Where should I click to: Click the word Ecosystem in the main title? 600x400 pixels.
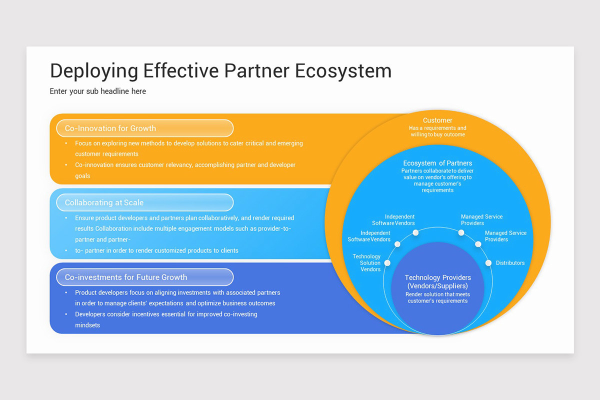(x=343, y=71)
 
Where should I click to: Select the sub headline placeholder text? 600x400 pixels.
(x=98, y=91)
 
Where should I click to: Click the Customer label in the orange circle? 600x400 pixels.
(x=437, y=120)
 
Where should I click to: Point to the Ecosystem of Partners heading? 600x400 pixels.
(x=437, y=163)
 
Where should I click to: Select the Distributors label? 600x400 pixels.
(x=510, y=263)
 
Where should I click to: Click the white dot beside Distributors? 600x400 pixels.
(x=488, y=263)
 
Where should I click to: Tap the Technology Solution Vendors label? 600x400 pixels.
(x=366, y=263)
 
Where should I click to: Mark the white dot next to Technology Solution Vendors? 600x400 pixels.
(x=387, y=263)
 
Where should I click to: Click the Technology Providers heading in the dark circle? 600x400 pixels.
(x=437, y=281)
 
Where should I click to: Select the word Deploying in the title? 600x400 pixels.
(x=94, y=71)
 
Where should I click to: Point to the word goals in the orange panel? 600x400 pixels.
(x=82, y=176)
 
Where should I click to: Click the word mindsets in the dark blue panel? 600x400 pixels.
(x=87, y=325)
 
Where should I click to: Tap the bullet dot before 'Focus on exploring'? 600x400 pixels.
(x=66, y=143)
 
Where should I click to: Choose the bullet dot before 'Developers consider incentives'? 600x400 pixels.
(x=66, y=314)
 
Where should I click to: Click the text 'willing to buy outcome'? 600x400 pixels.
(x=437, y=134)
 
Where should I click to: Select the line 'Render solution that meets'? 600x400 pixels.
(x=437, y=294)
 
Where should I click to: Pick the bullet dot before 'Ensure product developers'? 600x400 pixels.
(x=66, y=218)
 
